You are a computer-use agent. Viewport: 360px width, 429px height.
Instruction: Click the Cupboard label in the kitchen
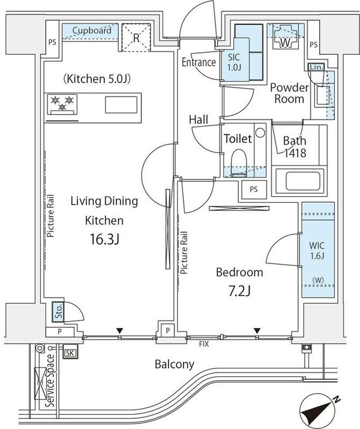[91, 30]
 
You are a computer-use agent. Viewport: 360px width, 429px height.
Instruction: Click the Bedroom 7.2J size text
[239, 292]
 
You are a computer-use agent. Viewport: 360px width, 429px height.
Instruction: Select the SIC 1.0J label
[234, 62]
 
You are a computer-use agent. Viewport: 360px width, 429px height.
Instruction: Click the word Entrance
[199, 62]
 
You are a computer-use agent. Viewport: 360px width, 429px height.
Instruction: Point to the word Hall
[198, 120]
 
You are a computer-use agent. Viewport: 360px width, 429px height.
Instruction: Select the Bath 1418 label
[295, 147]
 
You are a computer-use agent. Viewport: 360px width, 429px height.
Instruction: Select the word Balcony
[175, 364]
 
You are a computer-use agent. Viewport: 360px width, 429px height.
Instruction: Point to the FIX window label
[205, 344]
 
